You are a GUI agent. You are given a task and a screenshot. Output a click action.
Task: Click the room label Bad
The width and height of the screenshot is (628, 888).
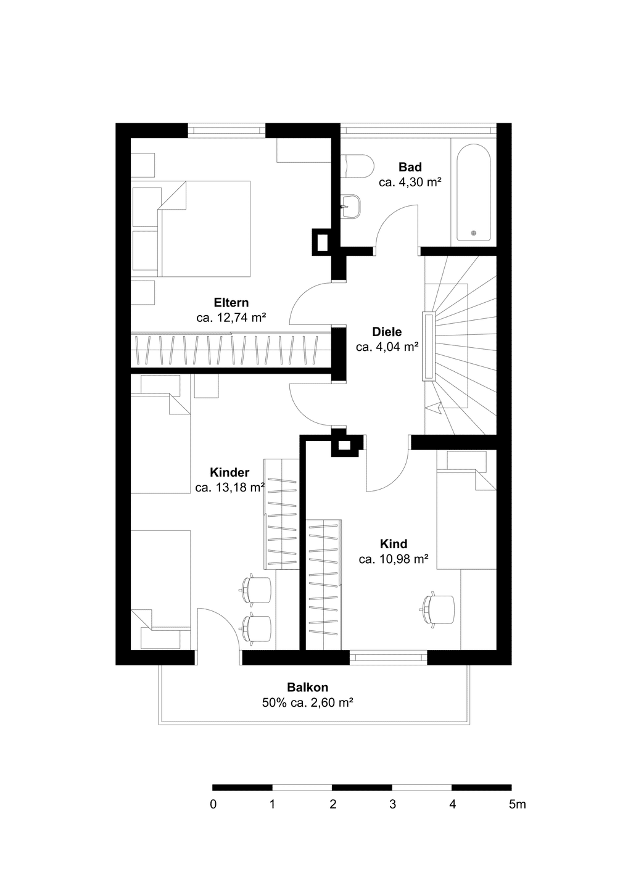coord(410,167)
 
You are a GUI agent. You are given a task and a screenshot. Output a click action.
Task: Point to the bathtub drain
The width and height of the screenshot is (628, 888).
coord(473,233)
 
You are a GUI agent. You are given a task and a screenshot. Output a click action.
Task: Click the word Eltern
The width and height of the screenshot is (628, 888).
coord(231,302)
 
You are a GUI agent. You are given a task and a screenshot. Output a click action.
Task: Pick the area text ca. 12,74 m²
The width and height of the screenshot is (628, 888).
coord(231,318)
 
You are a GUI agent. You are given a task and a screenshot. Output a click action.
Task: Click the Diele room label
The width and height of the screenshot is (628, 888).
coord(387,332)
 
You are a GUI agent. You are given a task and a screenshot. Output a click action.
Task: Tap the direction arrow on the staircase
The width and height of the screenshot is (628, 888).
coord(432,407)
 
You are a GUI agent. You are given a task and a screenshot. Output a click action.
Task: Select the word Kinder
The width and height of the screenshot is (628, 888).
coord(229,472)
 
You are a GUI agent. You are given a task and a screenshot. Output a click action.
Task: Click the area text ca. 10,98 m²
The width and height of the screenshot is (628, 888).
coord(394,559)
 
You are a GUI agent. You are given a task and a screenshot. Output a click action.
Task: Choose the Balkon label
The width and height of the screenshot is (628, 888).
coord(307,687)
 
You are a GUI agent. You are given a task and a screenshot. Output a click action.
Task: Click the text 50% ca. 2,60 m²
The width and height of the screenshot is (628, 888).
coord(307,703)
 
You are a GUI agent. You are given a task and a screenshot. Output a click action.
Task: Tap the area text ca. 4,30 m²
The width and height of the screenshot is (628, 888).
coord(410,183)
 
